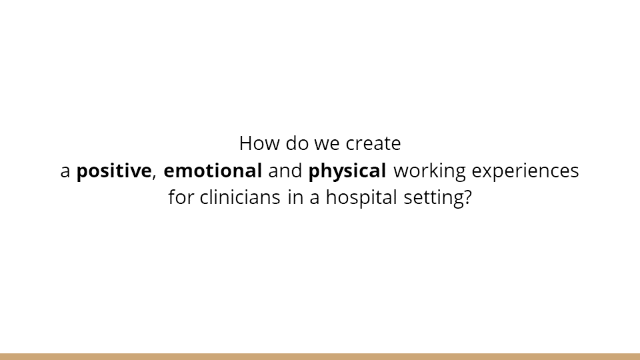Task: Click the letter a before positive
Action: coord(65,171)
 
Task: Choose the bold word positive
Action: coord(114,171)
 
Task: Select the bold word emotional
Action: coord(213,171)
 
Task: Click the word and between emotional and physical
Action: coord(285,171)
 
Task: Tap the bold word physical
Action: coord(347,171)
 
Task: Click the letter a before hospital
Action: coord(314,199)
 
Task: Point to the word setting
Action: coord(429,199)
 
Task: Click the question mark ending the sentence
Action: coord(467,199)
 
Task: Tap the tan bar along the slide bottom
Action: coord(320,356)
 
